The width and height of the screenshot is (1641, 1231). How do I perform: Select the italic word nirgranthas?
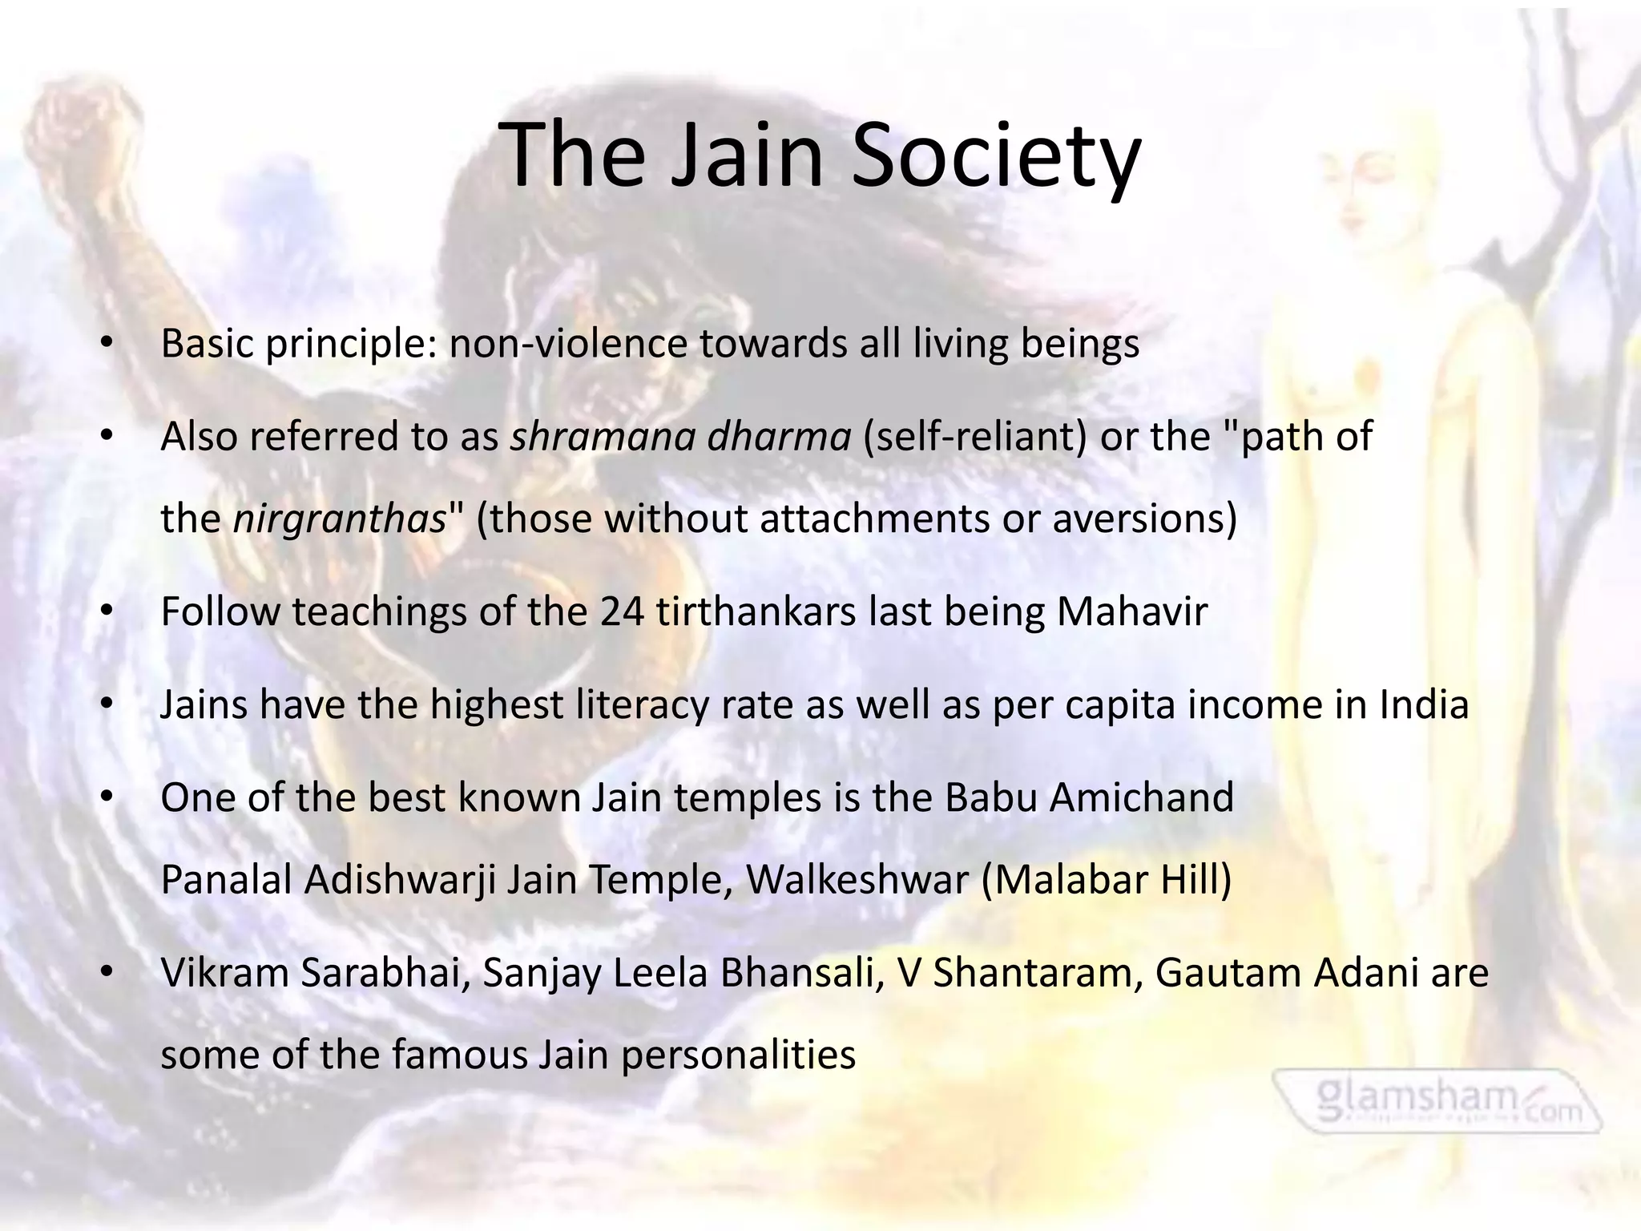coord(339,519)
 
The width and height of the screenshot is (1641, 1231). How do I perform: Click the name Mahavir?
coord(1131,612)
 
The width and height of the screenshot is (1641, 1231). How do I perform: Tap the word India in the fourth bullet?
coord(1424,705)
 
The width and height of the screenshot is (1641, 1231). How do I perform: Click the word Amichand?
coord(1141,798)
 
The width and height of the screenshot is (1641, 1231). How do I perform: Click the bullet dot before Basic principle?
coord(107,345)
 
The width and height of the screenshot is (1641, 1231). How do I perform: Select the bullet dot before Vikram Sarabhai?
coord(107,973)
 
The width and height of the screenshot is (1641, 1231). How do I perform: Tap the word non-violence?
coord(568,345)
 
